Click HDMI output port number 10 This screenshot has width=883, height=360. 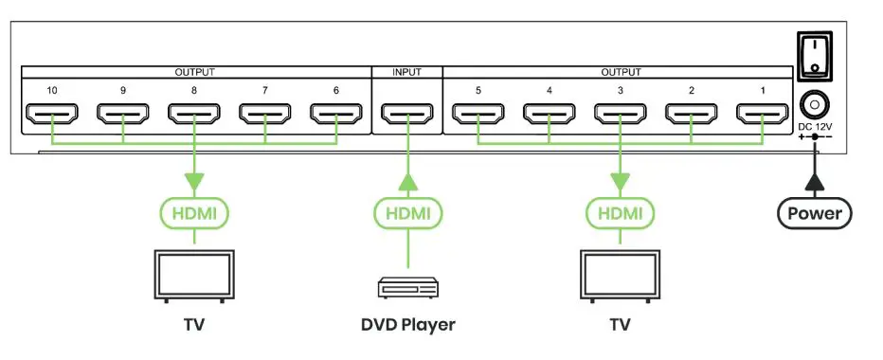tap(51, 116)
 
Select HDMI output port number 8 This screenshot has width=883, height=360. tap(194, 116)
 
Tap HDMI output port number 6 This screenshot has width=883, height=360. tap(336, 116)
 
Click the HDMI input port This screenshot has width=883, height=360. tap(407, 116)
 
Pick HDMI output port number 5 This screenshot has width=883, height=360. tap(478, 116)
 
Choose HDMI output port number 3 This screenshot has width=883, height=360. tap(621, 116)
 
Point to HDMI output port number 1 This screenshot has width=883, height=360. tap(764, 116)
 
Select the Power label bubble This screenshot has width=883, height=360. tap(814, 213)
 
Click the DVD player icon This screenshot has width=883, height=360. tap(407, 287)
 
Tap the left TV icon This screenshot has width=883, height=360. tap(194, 276)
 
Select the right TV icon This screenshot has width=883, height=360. tap(621, 276)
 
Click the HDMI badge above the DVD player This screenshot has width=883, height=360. tap(407, 213)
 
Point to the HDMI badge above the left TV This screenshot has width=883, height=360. tap(194, 213)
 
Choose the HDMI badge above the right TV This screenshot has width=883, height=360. tap(621, 213)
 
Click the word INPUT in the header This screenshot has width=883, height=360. tap(407, 72)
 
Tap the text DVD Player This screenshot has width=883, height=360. tap(407, 325)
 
